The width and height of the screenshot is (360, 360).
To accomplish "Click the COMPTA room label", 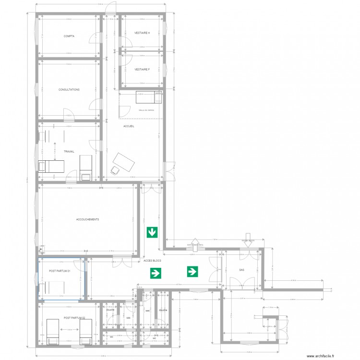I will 69,36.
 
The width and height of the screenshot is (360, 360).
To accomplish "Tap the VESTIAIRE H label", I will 142,33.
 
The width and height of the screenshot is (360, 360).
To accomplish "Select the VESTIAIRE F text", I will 142,69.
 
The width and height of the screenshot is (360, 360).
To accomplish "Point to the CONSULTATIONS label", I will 69,90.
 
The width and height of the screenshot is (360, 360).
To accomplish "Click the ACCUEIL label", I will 129,126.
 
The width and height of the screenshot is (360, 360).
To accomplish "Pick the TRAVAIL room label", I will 69,151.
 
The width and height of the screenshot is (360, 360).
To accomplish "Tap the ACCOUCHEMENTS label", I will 87,219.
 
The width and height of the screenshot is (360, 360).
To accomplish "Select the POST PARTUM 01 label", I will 60,271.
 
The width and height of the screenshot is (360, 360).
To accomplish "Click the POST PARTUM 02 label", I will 74,318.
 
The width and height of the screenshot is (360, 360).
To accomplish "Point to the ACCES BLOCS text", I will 152,261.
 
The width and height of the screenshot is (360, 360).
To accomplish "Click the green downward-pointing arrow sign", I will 152,233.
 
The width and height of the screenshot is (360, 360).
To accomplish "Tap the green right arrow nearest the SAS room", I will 192,272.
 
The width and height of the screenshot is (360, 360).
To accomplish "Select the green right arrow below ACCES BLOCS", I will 156,274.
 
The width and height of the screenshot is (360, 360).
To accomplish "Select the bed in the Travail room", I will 51,166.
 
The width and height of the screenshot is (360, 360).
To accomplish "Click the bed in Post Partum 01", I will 52,288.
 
